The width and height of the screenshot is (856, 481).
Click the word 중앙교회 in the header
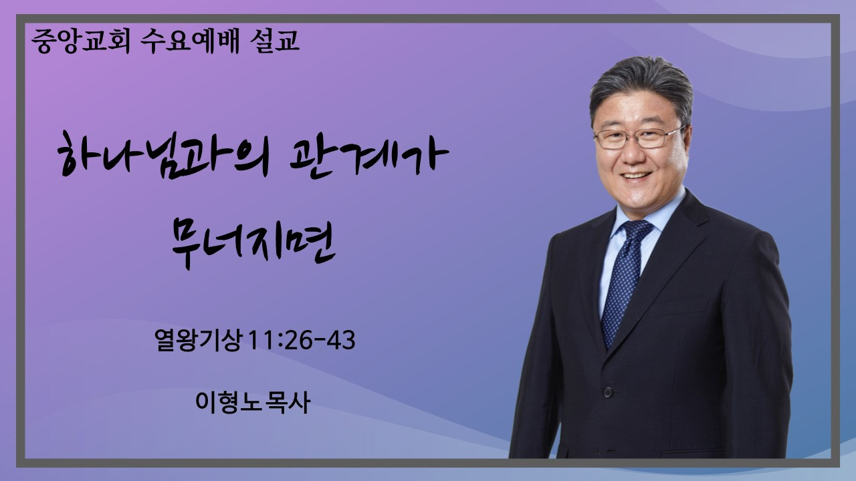81,41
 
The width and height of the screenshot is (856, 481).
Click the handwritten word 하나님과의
164,156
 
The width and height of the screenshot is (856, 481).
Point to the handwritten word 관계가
369,157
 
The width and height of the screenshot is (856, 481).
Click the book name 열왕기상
198,339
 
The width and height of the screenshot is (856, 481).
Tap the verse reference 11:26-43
302,340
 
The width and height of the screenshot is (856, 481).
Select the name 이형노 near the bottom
225,402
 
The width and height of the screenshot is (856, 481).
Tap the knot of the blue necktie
637,231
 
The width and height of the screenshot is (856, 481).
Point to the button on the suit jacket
608,391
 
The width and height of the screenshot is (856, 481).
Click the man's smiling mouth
636,176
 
